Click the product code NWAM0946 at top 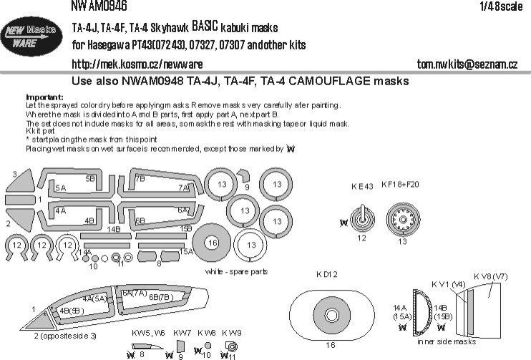tap(99, 6)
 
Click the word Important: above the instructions tap(44, 96)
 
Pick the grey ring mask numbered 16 tap(211, 243)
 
